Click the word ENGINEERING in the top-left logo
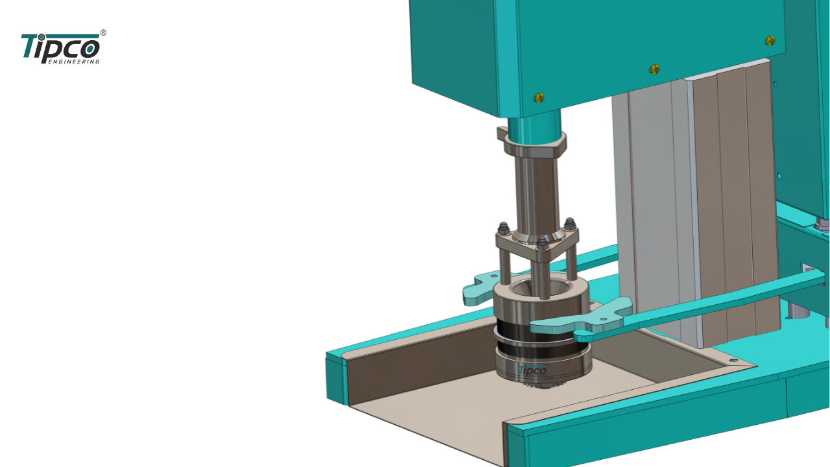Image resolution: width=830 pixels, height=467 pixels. (74, 62)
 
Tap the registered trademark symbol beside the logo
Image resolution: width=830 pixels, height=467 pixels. (103, 32)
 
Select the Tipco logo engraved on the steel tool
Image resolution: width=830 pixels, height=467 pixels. (533, 370)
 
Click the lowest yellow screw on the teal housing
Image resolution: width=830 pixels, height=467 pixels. (539, 98)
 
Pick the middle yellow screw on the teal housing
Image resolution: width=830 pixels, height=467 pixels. (655, 69)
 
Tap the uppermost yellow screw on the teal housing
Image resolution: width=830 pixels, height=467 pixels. (770, 40)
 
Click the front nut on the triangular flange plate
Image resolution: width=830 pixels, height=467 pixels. (543, 243)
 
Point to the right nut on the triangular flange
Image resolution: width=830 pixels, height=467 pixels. (569, 224)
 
